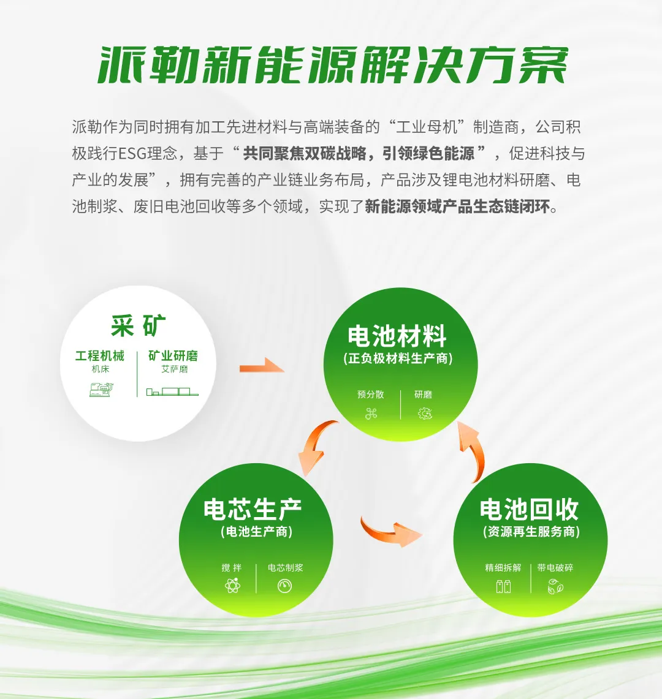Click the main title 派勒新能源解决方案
click(x=333, y=65)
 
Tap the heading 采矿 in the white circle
click(x=139, y=325)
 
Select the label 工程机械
click(x=100, y=356)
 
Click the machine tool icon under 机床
click(x=101, y=390)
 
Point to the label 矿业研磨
click(x=173, y=356)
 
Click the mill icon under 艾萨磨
click(x=172, y=392)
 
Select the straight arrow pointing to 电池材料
click(x=262, y=366)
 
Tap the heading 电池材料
click(x=397, y=336)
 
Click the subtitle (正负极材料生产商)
click(x=398, y=359)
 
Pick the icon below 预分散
click(x=371, y=414)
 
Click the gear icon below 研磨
click(x=425, y=414)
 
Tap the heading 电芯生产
click(x=253, y=509)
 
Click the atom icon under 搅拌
click(x=232, y=585)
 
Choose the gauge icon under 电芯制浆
click(x=284, y=586)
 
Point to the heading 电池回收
click(x=529, y=509)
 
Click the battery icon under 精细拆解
click(x=504, y=586)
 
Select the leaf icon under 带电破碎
click(x=555, y=586)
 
